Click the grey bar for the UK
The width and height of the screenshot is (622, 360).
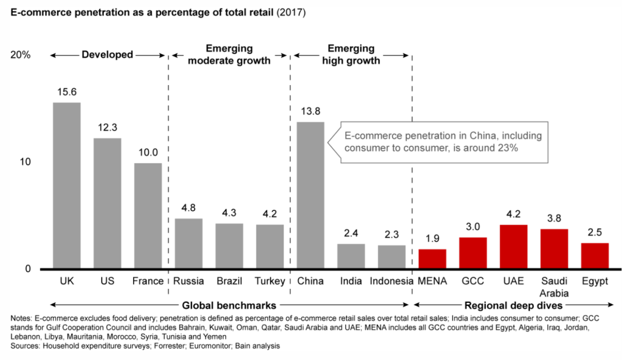pyautogui.click(x=66, y=185)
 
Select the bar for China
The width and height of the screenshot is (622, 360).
pyautogui.click(x=310, y=195)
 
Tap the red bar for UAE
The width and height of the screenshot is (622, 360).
pyautogui.click(x=513, y=246)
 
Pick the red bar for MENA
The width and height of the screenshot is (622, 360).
pyautogui.click(x=432, y=259)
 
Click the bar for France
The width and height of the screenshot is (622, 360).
pyautogui.click(x=148, y=216)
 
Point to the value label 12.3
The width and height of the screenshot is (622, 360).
pyautogui.click(x=107, y=128)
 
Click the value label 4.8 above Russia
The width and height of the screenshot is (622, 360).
pyautogui.click(x=188, y=208)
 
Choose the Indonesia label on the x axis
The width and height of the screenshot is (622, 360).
pyautogui.click(x=391, y=281)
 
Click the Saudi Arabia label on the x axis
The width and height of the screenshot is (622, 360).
pyautogui.click(x=554, y=287)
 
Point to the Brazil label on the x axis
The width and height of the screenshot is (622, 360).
pyautogui.click(x=228, y=281)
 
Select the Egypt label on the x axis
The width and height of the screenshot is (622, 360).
pyautogui.click(x=595, y=281)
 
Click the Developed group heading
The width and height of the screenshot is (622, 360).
pyautogui.click(x=108, y=55)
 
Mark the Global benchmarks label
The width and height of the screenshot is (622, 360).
pyautogui.click(x=228, y=305)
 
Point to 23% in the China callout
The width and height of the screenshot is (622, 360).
pyautogui.click(x=508, y=148)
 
